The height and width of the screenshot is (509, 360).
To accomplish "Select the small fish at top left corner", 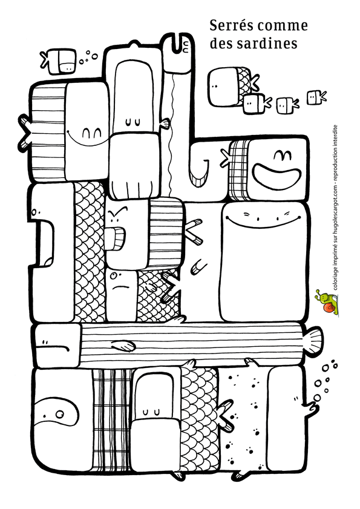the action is (x=59, y=61).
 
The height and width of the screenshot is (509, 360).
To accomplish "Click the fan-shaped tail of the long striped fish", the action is (x=313, y=341).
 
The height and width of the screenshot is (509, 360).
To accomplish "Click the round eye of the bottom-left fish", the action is (x=59, y=414).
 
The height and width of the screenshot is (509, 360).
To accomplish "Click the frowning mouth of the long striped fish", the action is (x=53, y=347).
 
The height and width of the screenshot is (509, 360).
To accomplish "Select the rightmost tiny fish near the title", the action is (x=316, y=97).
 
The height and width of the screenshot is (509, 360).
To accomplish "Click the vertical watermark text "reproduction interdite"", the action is (x=336, y=153).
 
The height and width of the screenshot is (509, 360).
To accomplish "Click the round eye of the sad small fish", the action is (x=113, y=276).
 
